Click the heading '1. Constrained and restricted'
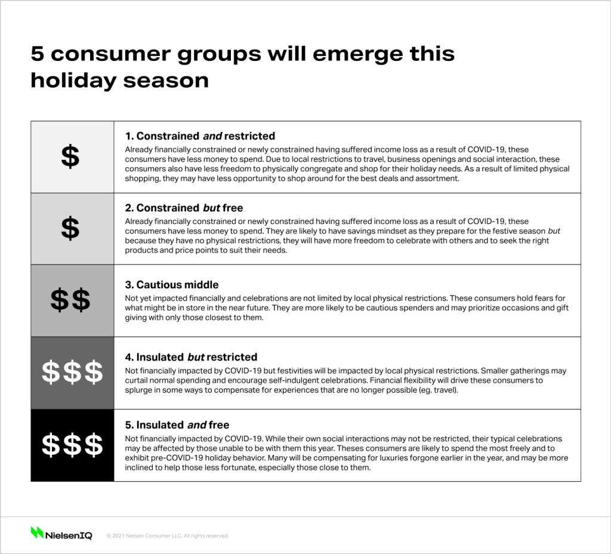point(200,136)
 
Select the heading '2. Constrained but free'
point(184,208)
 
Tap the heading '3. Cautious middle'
point(172,285)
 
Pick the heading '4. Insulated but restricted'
point(191,357)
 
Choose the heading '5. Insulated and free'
point(177,425)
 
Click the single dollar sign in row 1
point(70,157)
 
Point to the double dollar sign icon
point(70,300)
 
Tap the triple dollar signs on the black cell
point(72,445)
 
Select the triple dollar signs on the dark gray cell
point(72,373)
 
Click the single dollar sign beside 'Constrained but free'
point(70,228)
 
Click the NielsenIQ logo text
point(69,535)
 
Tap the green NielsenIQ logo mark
point(37,533)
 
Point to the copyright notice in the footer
point(168,536)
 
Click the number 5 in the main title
point(37,54)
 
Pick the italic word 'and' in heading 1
point(213,136)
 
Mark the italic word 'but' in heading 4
point(196,357)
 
